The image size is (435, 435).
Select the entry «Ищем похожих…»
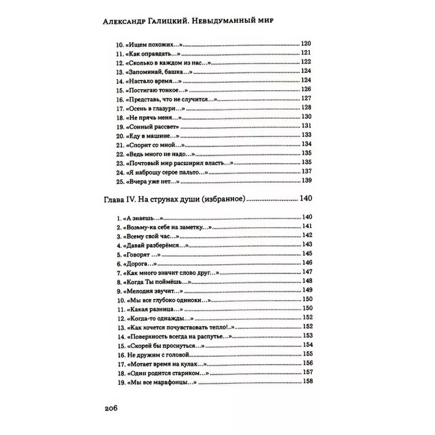pyautogui.click(x=152, y=43)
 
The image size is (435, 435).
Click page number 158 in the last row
pyautogui.click(x=308, y=382)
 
